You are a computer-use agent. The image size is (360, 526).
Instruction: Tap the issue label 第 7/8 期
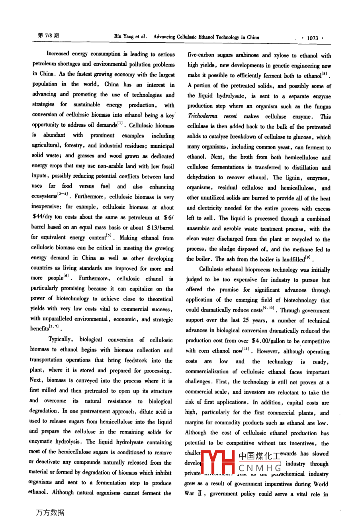(48, 35)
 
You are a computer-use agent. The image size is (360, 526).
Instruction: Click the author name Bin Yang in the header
(123, 37)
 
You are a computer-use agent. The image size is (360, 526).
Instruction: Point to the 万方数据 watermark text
(50, 512)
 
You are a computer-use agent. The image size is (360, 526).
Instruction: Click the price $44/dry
(43, 217)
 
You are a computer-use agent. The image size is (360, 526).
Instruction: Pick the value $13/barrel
(160, 228)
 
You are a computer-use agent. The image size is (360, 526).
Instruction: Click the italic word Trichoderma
(201, 116)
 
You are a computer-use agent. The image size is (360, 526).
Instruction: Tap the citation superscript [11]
(248, 349)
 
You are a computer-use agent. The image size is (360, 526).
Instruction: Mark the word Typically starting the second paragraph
(60, 340)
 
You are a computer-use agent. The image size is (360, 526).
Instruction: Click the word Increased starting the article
(58, 53)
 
